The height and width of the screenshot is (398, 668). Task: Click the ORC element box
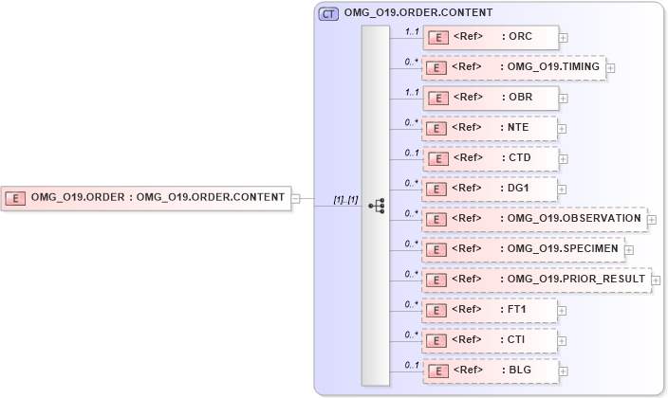pyautogui.click(x=491, y=37)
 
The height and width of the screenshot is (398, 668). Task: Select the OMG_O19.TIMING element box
pyautogui.click(x=513, y=68)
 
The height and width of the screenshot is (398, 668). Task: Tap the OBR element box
pyautogui.click(x=491, y=98)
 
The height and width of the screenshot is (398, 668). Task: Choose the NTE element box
pyautogui.click(x=490, y=128)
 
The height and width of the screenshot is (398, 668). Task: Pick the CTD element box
pyautogui.click(x=490, y=158)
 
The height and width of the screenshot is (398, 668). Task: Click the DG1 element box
pyautogui.click(x=490, y=189)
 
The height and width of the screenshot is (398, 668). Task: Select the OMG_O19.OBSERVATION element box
pyautogui.click(x=534, y=219)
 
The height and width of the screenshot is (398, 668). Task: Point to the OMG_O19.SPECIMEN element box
pyautogui.click(x=522, y=249)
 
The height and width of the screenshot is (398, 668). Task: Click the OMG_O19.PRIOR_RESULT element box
pyautogui.click(x=535, y=280)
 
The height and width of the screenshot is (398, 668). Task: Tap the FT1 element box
pyautogui.click(x=490, y=310)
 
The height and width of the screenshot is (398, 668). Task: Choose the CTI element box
pyautogui.click(x=490, y=340)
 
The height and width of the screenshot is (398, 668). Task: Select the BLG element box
pyautogui.click(x=490, y=371)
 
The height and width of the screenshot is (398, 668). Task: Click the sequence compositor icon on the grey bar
pyautogui.click(x=376, y=205)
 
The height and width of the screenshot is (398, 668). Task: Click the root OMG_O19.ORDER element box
pyautogui.click(x=146, y=198)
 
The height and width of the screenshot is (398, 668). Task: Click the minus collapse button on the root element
pyautogui.click(x=296, y=198)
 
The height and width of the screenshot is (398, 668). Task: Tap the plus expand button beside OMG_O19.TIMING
pyautogui.click(x=610, y=68)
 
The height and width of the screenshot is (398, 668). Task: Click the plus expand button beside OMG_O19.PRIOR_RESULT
pyautogui.click(x=656, y=280)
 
